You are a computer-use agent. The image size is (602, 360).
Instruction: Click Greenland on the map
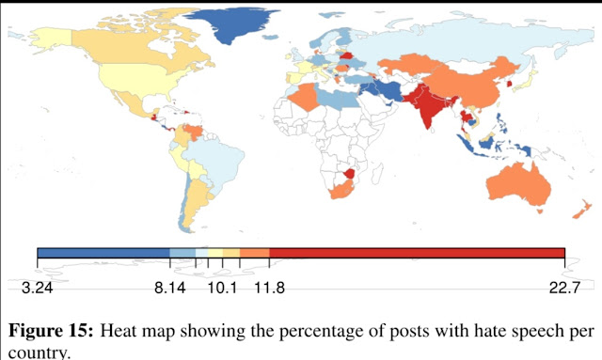pos(230,23)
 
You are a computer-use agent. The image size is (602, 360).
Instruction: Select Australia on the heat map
pos(519,185)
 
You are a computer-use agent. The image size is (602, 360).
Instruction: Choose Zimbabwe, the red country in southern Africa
pos(350,173)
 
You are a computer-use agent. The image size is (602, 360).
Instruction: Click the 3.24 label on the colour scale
pos(38,288)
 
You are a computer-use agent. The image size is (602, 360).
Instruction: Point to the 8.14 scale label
pos(170,288)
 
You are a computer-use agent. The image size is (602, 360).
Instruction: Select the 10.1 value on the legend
pos(222,288)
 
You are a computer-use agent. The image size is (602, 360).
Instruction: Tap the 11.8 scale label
pos(270,288)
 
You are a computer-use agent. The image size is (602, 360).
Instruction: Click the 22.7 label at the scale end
pos(564,288)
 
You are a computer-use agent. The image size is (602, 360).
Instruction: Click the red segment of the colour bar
pos(417,253)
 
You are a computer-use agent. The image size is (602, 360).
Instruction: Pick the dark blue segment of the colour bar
pos(103,253)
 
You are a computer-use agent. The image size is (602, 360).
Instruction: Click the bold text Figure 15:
pos(51,331)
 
